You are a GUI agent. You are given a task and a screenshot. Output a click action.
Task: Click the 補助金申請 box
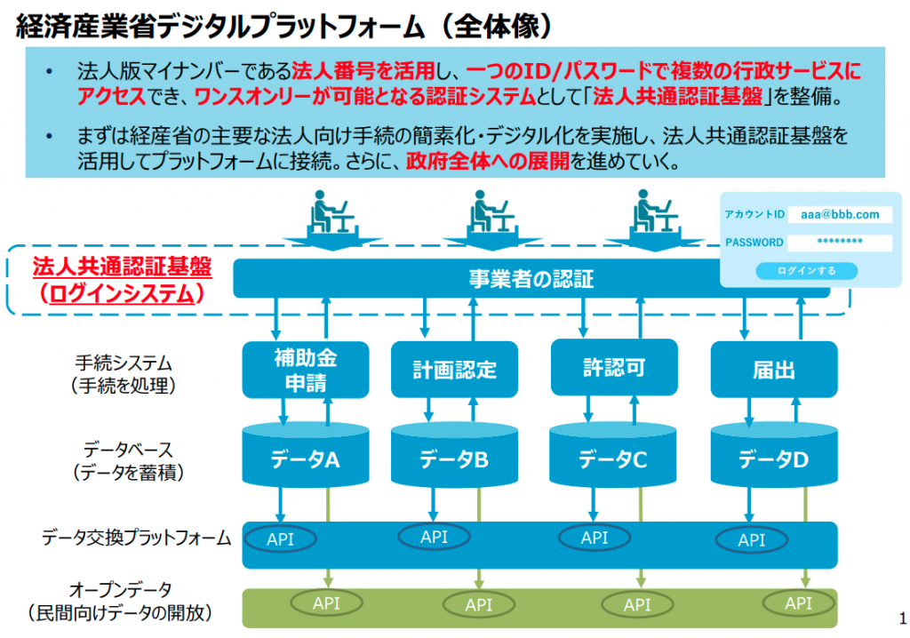306,370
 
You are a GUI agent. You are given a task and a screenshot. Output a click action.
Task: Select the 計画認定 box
454,370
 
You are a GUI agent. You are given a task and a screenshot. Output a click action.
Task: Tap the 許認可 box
614,367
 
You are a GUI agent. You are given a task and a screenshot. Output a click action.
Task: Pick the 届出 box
774,370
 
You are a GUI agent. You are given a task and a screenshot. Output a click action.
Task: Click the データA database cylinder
306,455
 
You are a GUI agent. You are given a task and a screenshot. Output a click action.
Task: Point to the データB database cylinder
454,455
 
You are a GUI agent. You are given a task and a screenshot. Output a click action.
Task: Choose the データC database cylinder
613,455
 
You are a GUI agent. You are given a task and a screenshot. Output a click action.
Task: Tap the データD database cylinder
774,455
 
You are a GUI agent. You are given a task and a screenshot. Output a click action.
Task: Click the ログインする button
806,270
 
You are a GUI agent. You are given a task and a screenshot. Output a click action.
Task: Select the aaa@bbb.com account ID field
840,214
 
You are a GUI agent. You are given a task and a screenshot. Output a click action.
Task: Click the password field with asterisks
840,242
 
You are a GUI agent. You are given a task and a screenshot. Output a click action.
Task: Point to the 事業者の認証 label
531,279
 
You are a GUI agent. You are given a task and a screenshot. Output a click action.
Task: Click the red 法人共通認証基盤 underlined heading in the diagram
122,267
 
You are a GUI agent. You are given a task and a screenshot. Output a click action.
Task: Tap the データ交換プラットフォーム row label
136,538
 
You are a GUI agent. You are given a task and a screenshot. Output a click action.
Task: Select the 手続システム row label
124,363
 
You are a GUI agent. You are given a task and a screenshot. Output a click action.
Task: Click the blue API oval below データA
280,538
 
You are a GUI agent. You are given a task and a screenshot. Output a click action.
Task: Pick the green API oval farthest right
799,603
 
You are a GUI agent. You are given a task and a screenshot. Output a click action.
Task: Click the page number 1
903,618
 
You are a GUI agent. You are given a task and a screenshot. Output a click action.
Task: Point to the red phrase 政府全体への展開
488,161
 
